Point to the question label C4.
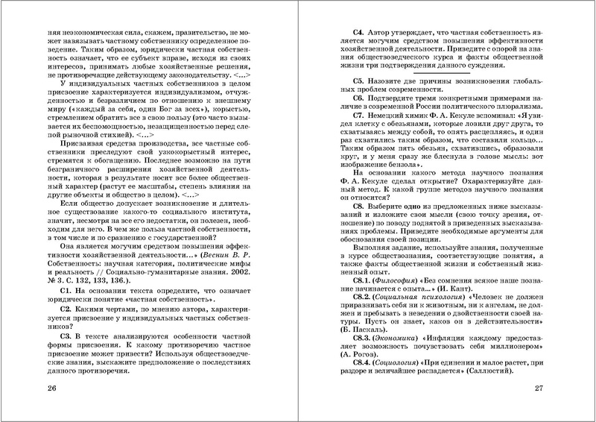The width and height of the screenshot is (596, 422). coord(360,34)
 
